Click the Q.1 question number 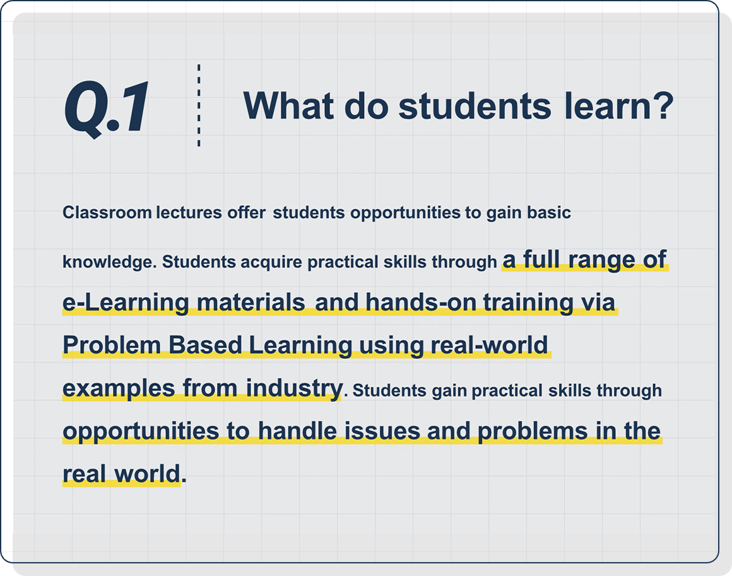point(107,108)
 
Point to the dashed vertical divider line point(199,105)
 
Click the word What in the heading point(288,105)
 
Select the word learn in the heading point(608,105)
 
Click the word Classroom point(107,212)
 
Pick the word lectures point(189,212)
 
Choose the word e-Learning point(126,303)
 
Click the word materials point(251,302)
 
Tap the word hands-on point(421,302)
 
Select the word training point(528,303)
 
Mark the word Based point(205,345)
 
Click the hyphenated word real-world point(489,345)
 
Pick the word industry point(294,388)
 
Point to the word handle point(297,431)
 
